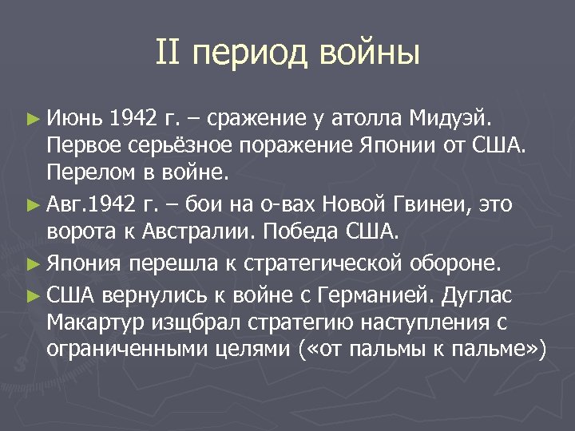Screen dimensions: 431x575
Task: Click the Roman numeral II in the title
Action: tap(171, 53)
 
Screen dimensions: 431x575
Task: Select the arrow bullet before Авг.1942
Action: tap(32, 205)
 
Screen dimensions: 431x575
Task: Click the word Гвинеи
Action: tap(432, 205)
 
